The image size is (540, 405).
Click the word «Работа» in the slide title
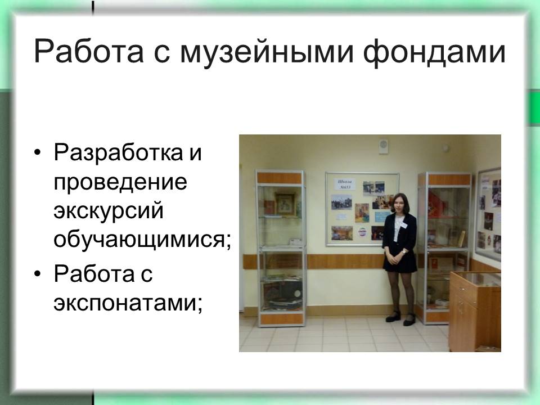(x=88, y=52)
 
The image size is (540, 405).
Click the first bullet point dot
(x=38, y=152)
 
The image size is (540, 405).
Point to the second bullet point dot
(x=38, y=274)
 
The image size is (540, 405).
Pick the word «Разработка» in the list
(x=118, y=153)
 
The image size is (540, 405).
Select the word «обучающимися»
(x=139, y=240)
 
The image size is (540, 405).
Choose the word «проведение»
(x=120, y=182)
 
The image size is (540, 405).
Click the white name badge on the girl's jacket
(x=403, y=225)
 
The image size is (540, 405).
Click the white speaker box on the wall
(x=383, y=146)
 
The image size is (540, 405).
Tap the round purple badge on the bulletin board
(x=362, y=232)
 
